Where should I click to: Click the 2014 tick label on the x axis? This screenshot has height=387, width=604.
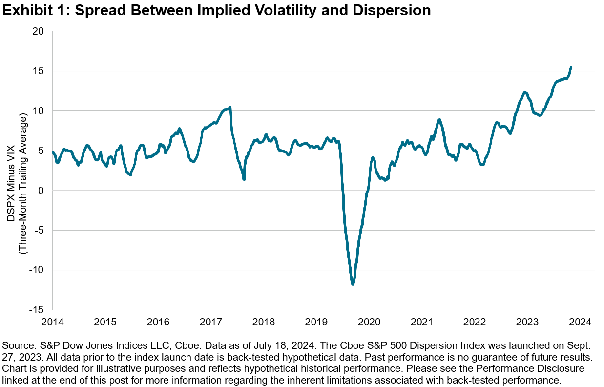coord(52,322)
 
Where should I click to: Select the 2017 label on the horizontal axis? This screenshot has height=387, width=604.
coord(211,322)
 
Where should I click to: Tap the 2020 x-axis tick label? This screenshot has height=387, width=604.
coord(369,322)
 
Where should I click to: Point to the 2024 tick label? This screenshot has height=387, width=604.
coord(581,322)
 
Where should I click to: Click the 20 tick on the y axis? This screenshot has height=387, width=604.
coord(39,31)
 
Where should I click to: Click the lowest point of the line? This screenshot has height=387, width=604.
coord(353,284)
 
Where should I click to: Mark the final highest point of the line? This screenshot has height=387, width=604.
coord(571,67)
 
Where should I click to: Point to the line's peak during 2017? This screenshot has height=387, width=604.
coord(230,107)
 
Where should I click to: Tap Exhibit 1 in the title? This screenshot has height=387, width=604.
coord(32,11)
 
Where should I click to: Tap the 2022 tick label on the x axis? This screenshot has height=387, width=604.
coord(475,322)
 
